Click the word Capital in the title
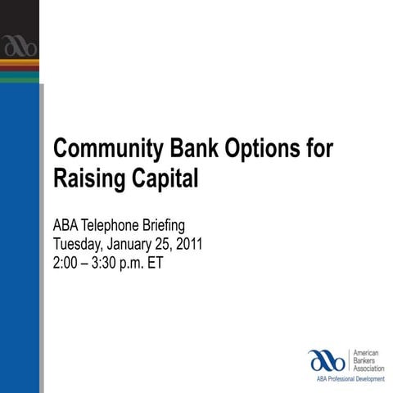[x=163, y=177]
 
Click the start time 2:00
[x=66, y=262]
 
